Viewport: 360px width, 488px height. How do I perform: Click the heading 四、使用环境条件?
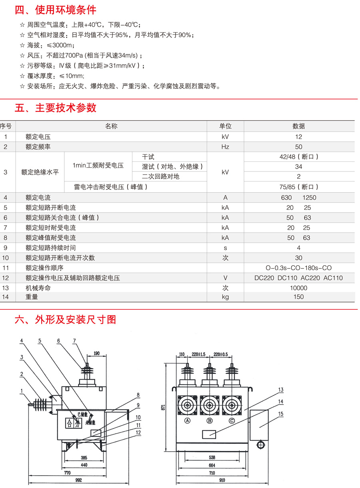click(x=56, y=10)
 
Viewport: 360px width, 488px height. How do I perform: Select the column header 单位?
click(x=225, y=126)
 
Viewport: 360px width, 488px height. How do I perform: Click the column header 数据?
click(x=298, y=126)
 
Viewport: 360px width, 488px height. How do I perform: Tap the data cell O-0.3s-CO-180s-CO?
click(x=298, y=268)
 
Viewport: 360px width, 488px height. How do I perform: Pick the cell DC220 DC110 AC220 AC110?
click(x=298, y=278)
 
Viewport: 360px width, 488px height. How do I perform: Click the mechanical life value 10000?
click(x=298, y=288)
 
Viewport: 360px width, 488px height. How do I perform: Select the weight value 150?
click(x=298, y=297)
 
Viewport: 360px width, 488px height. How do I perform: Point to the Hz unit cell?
click(x=225, y=147)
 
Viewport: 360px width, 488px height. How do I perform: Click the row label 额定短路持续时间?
click(x=50, y=248)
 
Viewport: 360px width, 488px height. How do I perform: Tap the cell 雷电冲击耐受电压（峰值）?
click(x=111, y=187)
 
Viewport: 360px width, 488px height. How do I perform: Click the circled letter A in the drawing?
click(x=186, y=420)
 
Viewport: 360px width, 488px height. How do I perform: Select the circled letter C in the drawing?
click(x=232, y=420)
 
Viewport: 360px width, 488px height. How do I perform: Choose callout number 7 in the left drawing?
click(x=74, y=341)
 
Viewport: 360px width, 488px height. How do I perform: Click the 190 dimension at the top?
click(x=96, y=353)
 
